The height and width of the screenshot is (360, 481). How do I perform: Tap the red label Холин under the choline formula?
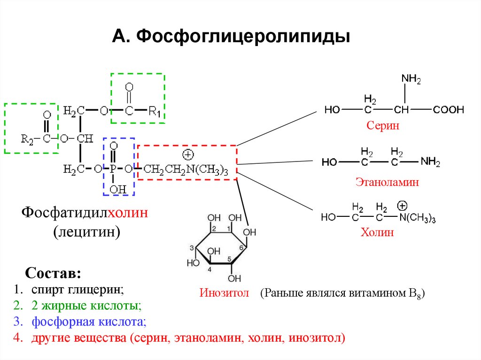coord(377,232)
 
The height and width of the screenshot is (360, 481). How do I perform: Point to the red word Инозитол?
coord(220,294)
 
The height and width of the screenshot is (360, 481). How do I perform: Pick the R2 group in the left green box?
coord(27,138)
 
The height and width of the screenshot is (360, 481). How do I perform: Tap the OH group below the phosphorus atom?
coord(116,189)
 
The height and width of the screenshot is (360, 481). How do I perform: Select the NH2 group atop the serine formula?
coord(411,79)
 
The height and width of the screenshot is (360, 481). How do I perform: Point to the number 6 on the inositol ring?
coord(241,248)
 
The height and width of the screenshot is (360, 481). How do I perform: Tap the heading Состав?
coord(53,273)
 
